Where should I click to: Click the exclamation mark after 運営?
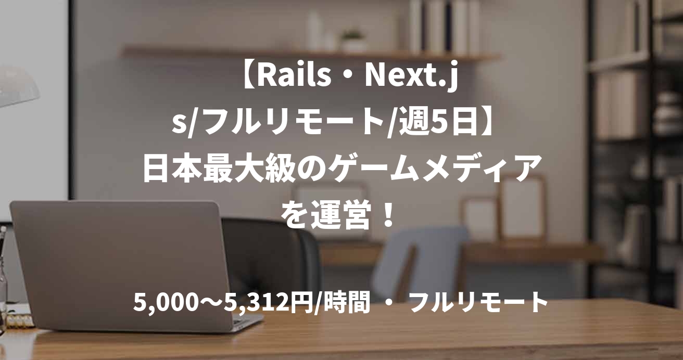[386, 213]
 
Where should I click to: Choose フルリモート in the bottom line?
[478, 303]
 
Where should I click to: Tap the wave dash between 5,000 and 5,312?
[209, 303]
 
